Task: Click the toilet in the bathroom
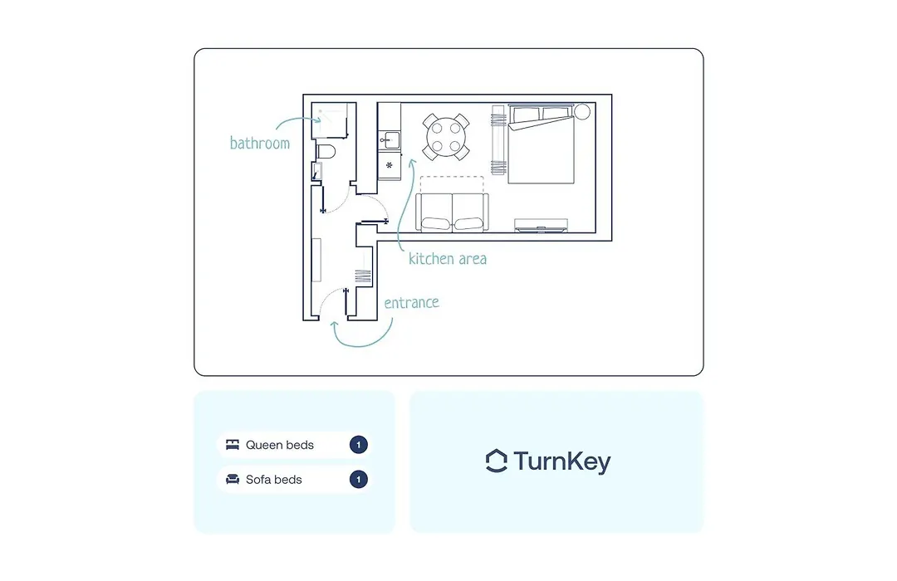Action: pyautogui.click(x=326, y=152)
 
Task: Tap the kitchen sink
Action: pyautogui.click(x=390, y=139)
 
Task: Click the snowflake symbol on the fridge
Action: pyautogui.click(x=389, y=165)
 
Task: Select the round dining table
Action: pyautogui.click(x=446, y=137)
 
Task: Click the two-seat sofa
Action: pyautogui.click(x=452, y=212)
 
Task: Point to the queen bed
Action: pyautogui.click(x=541, y=144)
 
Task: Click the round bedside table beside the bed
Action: pyautogui.click(x=581, y=111)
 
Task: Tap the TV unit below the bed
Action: pyautogui.click(x=541, y=225)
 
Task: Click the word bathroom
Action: pyautogui.click(x=260, y=143)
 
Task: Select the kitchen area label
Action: pyautogui.click(x=448, y=259)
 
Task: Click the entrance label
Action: pyautogui.click(x=411, y=302)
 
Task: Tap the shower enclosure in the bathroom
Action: pyautogui.click(x=330, y=120)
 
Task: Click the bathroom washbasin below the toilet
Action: pyautogui.click(x=316, y=171)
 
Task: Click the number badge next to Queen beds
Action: pyautogui.click(x=359, y=445)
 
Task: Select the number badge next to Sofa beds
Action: pyautogui.click(x=359, y=479)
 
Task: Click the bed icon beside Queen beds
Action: pyautogui.click(x=233, y=445)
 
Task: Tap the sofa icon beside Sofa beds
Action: pyautogui.click(x=233, y=479)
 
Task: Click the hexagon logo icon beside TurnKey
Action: pyautogui.click(x=496, y=461)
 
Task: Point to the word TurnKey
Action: pyautogui.click(x=562, y=461)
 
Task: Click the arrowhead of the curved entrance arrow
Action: pyautogui.click(x=335, y=325)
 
